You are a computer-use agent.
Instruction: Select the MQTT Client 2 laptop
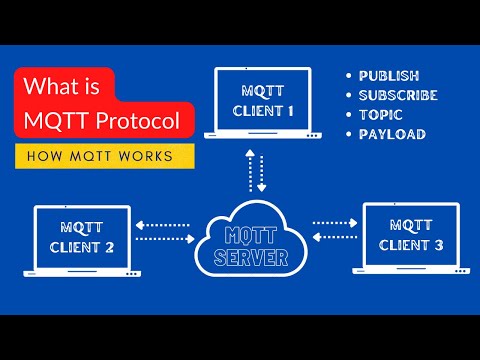[82, 238]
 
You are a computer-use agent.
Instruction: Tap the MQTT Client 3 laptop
[411, 236]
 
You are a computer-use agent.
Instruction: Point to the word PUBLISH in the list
[390, 76]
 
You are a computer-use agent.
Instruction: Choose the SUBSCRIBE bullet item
[398, 95]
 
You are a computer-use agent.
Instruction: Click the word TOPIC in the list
[380, 115]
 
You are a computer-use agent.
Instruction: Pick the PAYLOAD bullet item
[392, 134]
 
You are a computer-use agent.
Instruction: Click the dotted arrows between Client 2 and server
[165, 232]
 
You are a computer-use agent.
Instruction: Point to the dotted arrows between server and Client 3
[336, 231]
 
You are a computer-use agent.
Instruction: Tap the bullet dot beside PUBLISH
[349, 76]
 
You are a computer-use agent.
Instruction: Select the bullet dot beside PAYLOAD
[349, 134]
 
